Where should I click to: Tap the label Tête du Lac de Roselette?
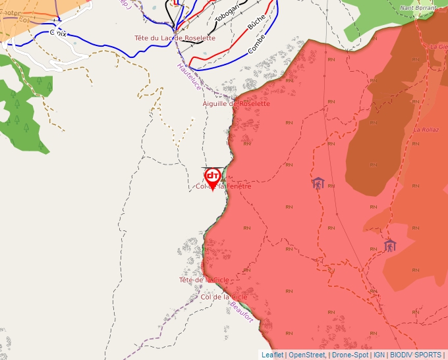(175, 38)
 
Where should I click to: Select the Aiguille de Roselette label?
(236, 103)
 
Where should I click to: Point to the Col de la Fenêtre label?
(224, 187)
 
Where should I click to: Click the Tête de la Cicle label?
(204, 280)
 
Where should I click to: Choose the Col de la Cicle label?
(224, 297)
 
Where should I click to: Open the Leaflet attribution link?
(272, 355)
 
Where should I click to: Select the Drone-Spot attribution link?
(350, 355)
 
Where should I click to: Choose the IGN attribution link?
(379, 355)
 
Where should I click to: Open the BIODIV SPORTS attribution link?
(416, 355)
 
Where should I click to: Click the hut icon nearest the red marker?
(318, 183)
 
